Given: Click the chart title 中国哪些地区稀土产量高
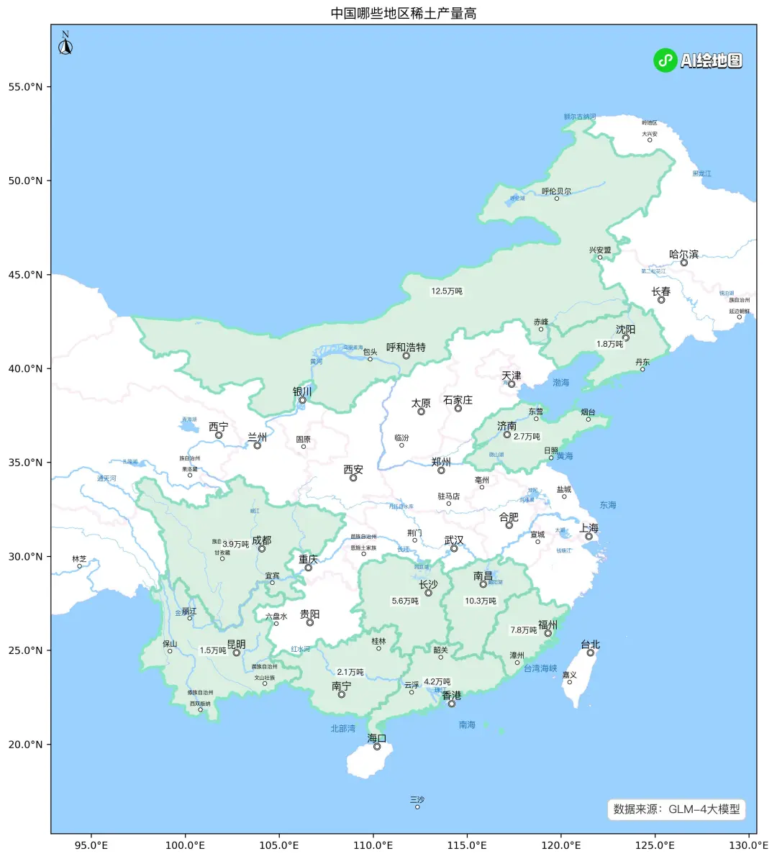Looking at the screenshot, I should click(403, 14).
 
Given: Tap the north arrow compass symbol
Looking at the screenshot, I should click(65, 45).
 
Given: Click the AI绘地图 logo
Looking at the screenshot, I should click(698, 60).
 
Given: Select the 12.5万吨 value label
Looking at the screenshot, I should click(447, 291).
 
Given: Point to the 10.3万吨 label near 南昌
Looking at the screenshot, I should click(481, 601).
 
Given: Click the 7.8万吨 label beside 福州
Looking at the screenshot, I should click(524, 630).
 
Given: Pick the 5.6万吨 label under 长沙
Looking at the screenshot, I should click(405, 601).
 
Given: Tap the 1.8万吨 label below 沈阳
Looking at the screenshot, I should click(610, 344).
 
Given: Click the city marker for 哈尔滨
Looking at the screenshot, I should click(684, 263).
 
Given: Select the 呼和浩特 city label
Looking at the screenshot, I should click(406, 347).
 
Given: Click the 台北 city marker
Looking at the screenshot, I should click(591, 653).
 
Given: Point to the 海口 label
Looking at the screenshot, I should click(377, 738).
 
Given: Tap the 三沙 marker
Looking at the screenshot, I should click(417, 806).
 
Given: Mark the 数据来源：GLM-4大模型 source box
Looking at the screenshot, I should click(676, 809).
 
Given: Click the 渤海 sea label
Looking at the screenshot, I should click(560, 383).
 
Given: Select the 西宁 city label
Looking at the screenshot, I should click(219, 427).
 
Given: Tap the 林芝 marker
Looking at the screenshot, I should click(80, 566).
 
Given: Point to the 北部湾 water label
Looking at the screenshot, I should click(342, 729).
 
